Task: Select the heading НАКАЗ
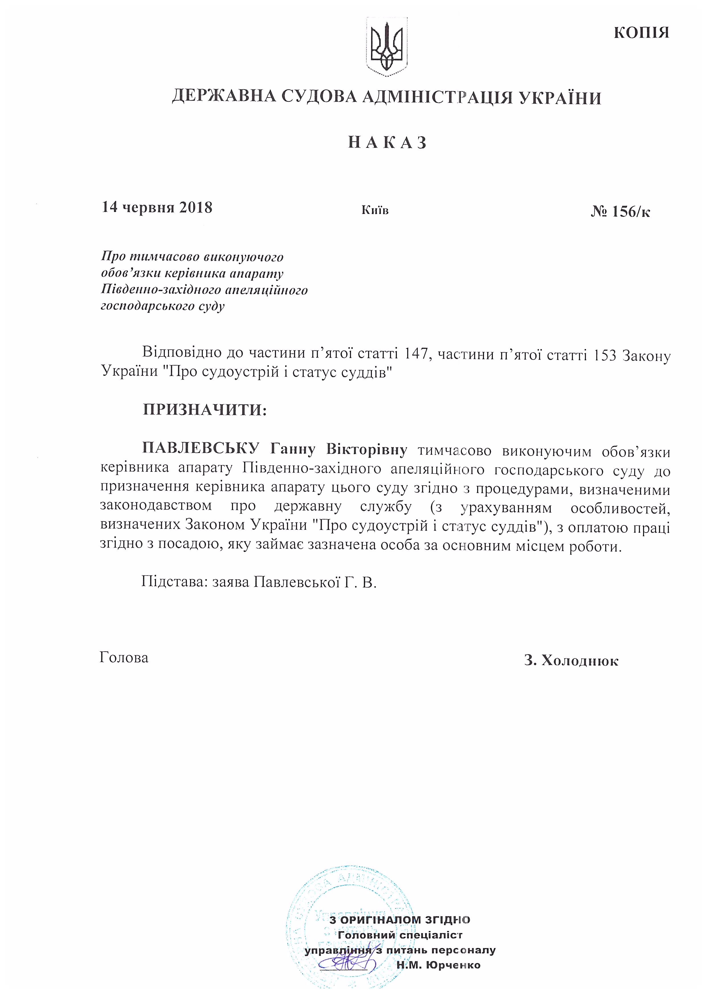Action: [x=387, y=142]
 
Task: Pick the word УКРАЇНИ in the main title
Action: [x=560, y=98]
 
